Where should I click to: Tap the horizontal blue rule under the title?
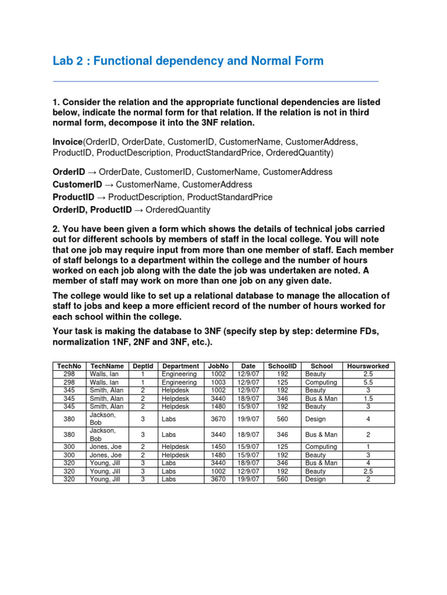[215, 81]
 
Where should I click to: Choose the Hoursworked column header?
[368, 366]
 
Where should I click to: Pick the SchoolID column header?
[282, 366]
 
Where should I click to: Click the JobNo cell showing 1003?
[218, 382]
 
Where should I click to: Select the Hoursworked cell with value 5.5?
[368, 382]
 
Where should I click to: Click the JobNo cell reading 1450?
[218, 447]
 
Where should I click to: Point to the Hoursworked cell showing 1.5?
[368, 399]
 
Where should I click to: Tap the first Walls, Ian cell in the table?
[104, 374]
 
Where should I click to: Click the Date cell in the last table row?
[247, 479]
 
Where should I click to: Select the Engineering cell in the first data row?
[179, 374]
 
